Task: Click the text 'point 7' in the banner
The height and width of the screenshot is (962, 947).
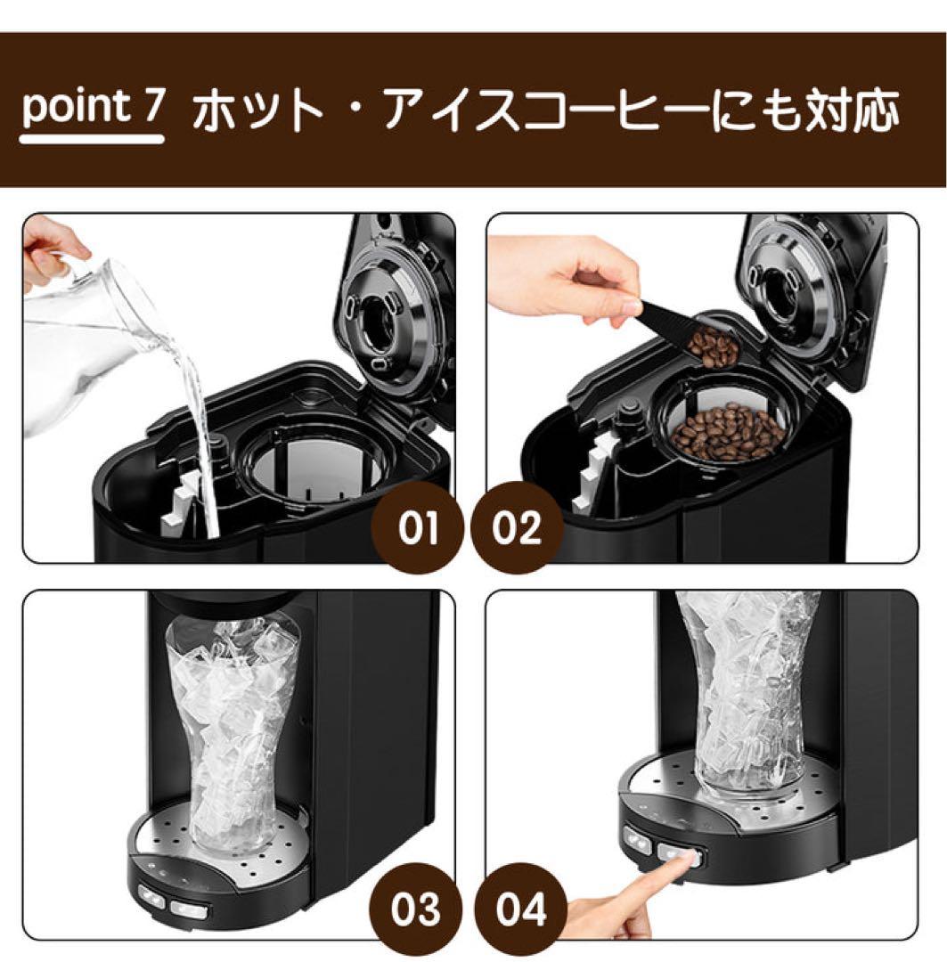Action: click(x=93, y=109)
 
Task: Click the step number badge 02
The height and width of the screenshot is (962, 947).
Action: click(x=517, y=527)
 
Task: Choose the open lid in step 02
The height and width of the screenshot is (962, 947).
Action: click(x=806, y=298)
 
